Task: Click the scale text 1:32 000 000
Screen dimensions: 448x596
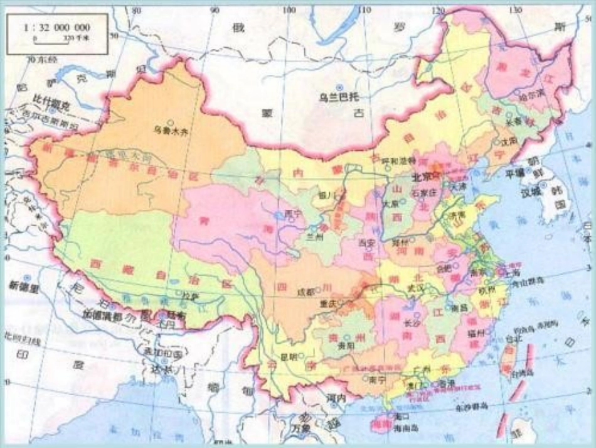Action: click(56, 28)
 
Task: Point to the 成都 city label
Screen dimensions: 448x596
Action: click(305, 291)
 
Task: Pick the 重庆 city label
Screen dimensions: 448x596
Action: click(329, 302)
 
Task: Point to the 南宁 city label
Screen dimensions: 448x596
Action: click(378, 379)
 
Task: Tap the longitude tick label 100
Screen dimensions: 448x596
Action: click(288, 11)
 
